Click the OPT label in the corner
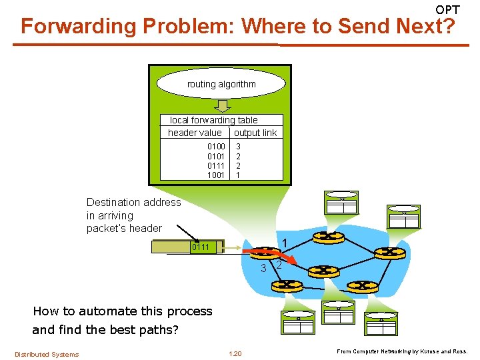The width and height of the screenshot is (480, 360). click(447, 9)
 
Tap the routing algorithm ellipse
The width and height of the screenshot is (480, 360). click(221, 84)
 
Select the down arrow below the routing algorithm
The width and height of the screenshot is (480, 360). click(222, 106)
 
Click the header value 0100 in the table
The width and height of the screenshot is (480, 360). click(216, 145)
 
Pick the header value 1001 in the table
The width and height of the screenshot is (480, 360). click(216, 175)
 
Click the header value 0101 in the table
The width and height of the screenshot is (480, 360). click(216, 155)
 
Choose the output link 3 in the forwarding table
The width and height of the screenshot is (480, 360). click(238, 145)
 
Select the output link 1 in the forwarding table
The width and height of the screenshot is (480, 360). click(238, 175)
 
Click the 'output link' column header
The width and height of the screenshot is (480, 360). click(255, 133)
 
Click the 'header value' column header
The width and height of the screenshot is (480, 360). click(195, 133)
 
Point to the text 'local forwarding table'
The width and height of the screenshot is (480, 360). click(214, 120)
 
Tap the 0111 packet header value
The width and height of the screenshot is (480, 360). click(201, 247)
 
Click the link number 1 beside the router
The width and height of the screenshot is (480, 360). click(284, 243)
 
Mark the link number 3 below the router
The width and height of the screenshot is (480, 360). click(263, 269)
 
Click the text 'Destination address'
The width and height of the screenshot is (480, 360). click(133, 202)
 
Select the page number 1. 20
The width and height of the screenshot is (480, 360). click(235, 353)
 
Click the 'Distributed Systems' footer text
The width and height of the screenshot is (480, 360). click(47, 354)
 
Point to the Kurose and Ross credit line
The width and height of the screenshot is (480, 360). click(402, 351)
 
